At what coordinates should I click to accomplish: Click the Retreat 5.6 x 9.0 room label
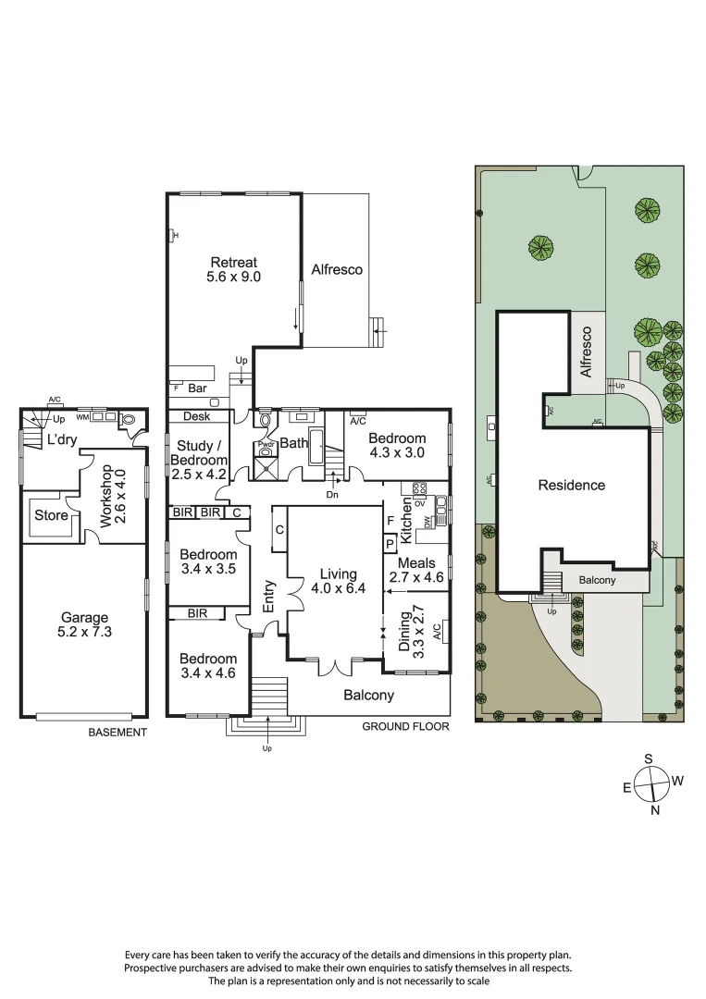tap(233, 268)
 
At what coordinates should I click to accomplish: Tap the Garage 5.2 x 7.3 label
tap(84, 625)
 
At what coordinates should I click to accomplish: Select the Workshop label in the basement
tap(111, 496)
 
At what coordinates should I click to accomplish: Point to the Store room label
tap(51, 515)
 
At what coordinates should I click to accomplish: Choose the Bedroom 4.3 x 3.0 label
tap(397, 446)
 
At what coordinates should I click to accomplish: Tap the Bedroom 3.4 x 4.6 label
tap(208, 666)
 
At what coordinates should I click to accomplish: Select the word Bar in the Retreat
tap(197, 388)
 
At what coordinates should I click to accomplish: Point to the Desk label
tap(196, 417)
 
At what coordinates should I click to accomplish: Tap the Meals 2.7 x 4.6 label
tap(415, 570)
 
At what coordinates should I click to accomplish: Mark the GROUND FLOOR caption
tap(405, 727)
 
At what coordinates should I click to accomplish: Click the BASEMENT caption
tap(118, 733)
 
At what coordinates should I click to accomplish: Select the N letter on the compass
tap(655, 811)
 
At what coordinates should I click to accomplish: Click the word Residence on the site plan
tap(572, 485)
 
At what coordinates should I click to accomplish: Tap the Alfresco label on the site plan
tap(586, 354)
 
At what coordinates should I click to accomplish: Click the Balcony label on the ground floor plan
tap(368, 696)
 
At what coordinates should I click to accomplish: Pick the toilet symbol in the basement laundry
tap(129, 419)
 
